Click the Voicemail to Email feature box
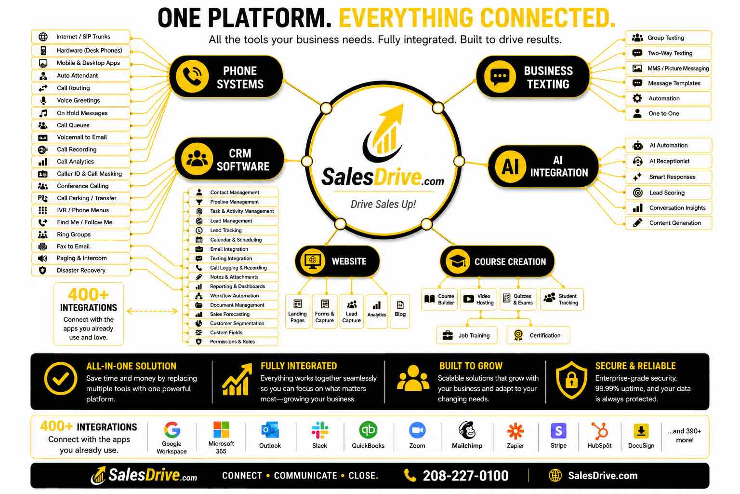(81, 137)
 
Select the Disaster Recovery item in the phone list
(81, 270)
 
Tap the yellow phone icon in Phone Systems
(192, 76)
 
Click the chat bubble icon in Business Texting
(500, 76)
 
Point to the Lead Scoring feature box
(668, 192)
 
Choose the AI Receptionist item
(668, 161)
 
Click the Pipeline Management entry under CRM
(233, 202)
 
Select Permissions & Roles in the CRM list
(233, 342)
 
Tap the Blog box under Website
(400, 311)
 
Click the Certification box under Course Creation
(538, 335)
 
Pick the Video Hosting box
(479, 299)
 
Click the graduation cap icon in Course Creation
(458, 261)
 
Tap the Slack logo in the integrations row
(320, 430)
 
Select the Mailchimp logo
(467, 430)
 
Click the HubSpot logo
(599, 430)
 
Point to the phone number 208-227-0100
(465, 476)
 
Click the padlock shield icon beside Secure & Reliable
(571, 380)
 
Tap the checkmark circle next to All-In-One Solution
(61, 379)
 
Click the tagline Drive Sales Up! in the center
(383, 204)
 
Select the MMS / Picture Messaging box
(668, 69)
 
